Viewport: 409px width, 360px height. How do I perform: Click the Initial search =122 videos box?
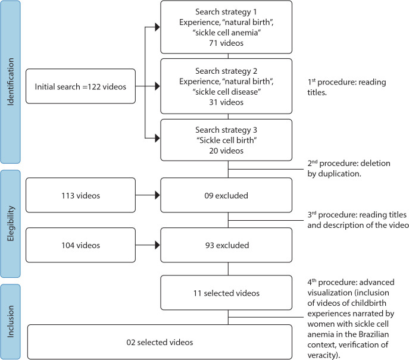(80, 86)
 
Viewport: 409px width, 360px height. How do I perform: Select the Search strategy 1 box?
(226, 27)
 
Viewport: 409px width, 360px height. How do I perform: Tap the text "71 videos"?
(226, 43)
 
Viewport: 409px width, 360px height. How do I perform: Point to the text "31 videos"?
(226, 102)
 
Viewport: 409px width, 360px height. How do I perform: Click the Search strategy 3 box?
(226, 140)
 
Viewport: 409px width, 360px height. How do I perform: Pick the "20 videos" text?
(226, 151)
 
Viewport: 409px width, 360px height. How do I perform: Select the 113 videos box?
(80, 195)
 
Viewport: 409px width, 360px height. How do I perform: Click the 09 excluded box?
(226, 195)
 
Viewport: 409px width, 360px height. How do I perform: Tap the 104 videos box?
(80, 245)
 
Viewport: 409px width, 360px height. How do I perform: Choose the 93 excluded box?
(226, 245)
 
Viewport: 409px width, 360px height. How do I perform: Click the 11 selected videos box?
(226, 293)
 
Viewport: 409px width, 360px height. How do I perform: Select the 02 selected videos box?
(160, 342)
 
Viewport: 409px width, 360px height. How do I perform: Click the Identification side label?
(11, 82)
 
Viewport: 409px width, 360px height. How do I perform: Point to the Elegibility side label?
(11, 224)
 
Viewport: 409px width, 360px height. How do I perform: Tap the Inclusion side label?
(11, 322)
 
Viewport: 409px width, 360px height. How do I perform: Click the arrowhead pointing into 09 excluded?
(157, 195)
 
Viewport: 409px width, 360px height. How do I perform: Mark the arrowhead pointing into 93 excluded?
(157, 245)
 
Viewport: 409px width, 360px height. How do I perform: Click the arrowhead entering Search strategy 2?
(157, 86)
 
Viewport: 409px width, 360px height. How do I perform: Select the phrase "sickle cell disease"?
(227, 92)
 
